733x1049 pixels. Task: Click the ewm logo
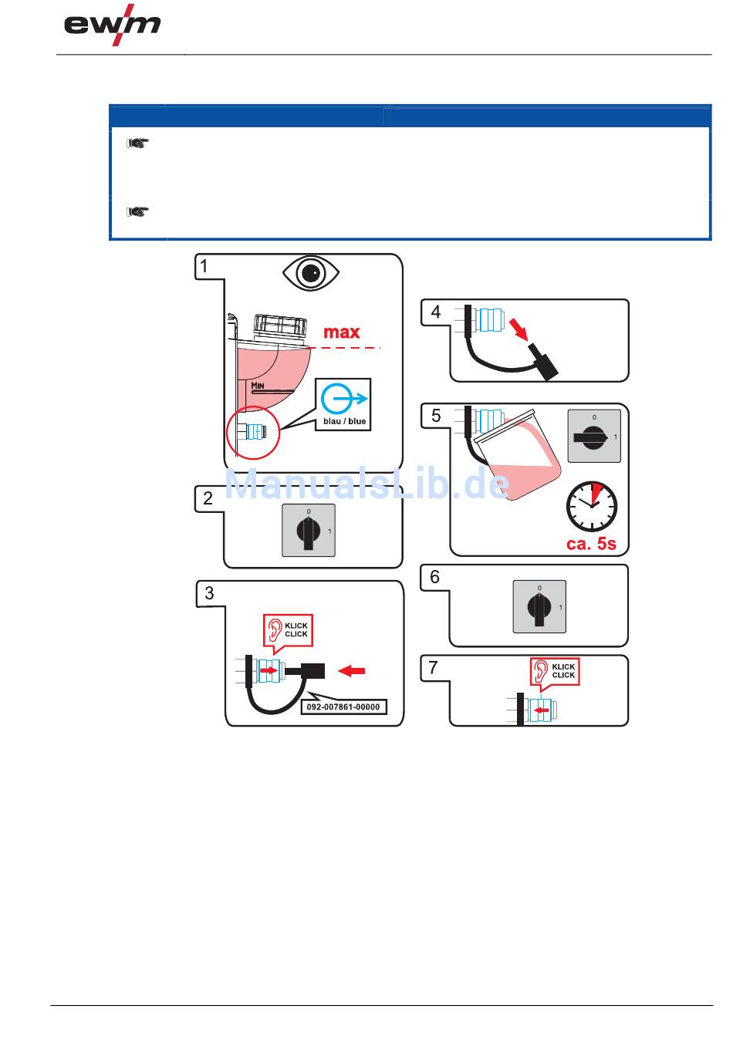pyautogui.click(x=113, y=27)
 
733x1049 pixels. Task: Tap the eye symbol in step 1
pyautogui.click(x=312, y=273)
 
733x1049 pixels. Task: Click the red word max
pyautogui.click(x=341, y=332)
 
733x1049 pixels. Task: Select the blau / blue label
pyautogui.click(x=344, y=421)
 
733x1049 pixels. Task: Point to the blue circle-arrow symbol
pyautogui.click(x=343, y=399)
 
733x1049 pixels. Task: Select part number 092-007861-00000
pyautogui.click(x=343, y=707)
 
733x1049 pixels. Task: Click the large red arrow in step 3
pyautogui.click(x=353, y=671)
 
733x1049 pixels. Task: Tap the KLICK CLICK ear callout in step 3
pyautogui.click(x=287, y=630)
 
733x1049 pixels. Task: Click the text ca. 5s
pyautogui.click(x=591, y=544)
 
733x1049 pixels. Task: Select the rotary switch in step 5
pyautogui.click(x=593, y=437)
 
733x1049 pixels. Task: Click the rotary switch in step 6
pyautogui.click(x=539, y=607)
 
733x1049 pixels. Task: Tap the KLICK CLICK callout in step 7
pyautogui.click(x=554, y=671)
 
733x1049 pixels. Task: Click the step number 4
pyautogui.click(x=436, y=312)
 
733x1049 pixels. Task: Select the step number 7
pyautogui.click(x=434, y=667)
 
